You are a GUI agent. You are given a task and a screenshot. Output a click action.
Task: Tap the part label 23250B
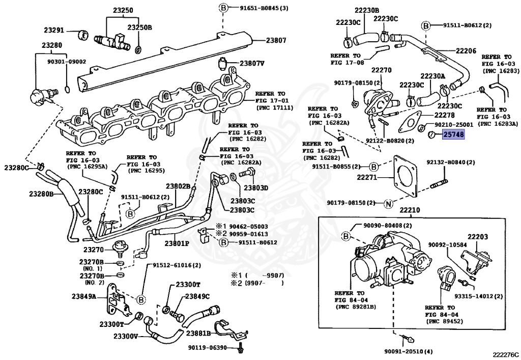[139, 27]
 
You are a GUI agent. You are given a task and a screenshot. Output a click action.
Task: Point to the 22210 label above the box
[410, 210]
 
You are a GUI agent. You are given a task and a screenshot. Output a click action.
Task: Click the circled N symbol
[388, 204]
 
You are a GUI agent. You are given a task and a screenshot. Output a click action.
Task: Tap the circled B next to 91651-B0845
[223, 8]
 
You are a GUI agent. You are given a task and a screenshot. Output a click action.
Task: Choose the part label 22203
[478, 237]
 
